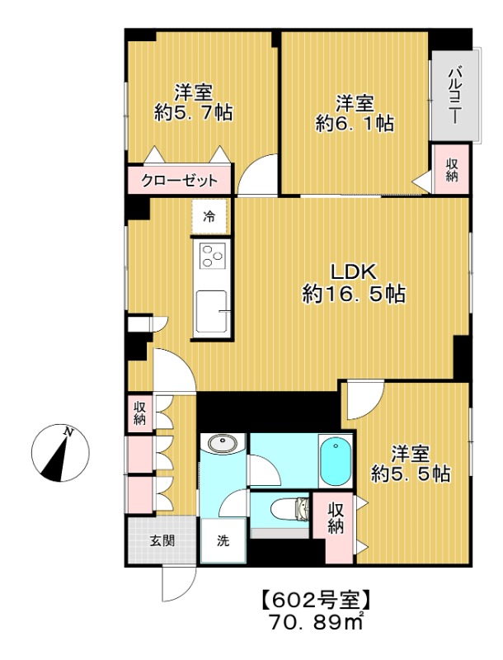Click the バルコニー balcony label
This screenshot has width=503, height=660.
click(x=454, y=95)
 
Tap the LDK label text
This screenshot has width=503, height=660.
click(x=353, y=272)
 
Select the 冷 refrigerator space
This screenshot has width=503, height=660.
click(x=209, y=217)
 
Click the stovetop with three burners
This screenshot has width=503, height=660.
click(x=212, y=256)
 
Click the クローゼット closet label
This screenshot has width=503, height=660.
click(x=179, y=181)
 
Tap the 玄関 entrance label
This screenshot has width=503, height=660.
click(x=162, y=540)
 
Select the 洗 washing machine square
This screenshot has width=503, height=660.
click(x=223, y=540)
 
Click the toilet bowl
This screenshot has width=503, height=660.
click(x=289, y=510)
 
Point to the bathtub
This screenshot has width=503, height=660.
click(x=335, y=460)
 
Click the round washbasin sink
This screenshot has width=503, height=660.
click(x=222, y=443)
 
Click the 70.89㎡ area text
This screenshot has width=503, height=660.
click(x=316, y=623)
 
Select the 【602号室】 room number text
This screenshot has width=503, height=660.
click(x=317, y=600)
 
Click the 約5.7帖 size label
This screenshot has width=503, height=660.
click(x=194, y=112)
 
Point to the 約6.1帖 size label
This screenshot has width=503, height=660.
click(x=355, y=123)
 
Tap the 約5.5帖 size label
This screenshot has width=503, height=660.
click(x=411, y=474)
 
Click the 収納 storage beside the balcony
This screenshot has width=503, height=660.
click(x=452, y=169)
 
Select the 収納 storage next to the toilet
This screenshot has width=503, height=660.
click(x=336, y=518)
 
